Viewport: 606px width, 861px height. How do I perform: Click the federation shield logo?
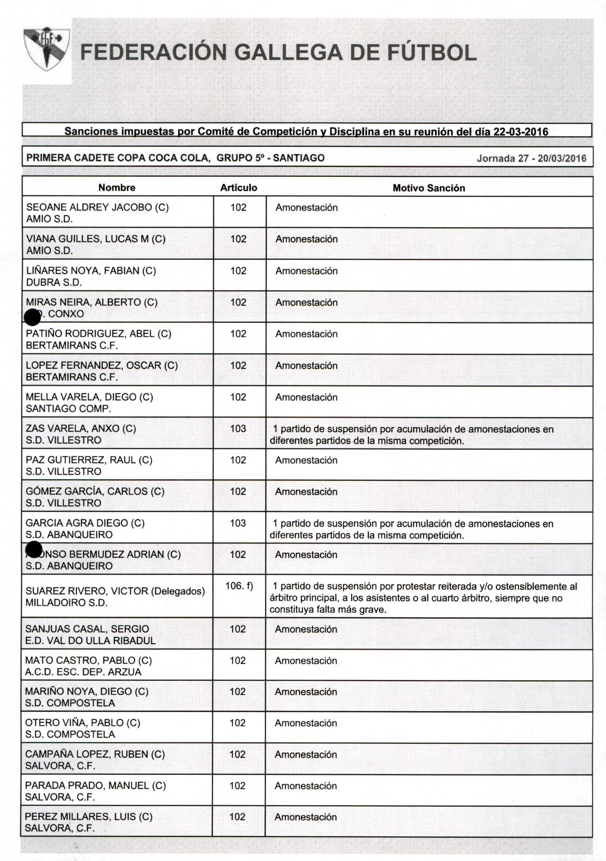pos(46,49)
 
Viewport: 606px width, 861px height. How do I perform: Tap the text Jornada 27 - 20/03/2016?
pos(531,158)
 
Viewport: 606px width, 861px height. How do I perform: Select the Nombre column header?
pos(117,188)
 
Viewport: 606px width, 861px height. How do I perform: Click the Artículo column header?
pos(239,188)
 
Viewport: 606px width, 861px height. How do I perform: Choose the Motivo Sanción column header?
pos(429,188)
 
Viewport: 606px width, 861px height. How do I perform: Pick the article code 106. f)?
pos(239,586)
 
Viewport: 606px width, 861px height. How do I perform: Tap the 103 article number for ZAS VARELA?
pos(238,428)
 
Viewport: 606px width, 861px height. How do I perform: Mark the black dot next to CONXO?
pos(32,318)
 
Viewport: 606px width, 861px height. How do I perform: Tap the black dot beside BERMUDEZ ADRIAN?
pos(34,550)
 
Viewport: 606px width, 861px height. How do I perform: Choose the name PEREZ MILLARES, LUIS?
pos(88,817)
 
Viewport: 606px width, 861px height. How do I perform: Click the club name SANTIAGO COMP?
pos(68,408)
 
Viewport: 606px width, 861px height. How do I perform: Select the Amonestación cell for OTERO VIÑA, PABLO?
pos(306,723)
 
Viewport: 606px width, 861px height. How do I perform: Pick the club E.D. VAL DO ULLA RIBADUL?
pos(90,641)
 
